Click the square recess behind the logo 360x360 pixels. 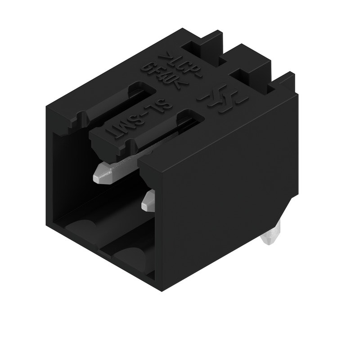point(245,74)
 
